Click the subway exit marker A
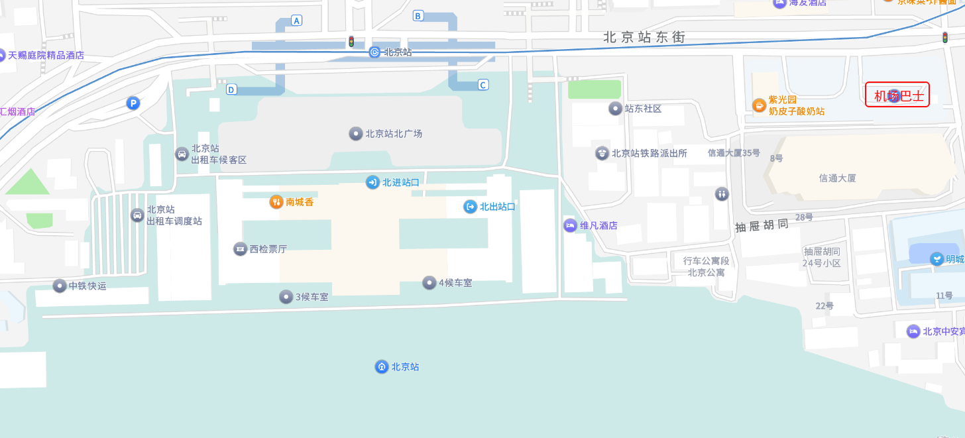tap(297, 21)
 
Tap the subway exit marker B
tap(418, 16)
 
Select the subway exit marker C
tap(483, 84)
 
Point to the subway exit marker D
tap(231, 89)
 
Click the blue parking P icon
tap(133, 103)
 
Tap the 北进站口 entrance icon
tap(372, 182)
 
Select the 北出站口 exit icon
tap(470, 207)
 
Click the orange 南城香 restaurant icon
tap(276, 202)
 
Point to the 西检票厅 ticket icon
tap(240, 249)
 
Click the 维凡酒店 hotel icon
tap(570, 225)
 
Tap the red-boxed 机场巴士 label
tap(897, 95)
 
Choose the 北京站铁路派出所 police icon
tap(602, 153)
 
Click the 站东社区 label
tap(643, 109)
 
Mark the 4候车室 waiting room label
tap(455, 283)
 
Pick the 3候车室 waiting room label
tap(312, 297)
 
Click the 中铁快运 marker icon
tap(60, 286)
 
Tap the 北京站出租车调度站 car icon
tap(137, 215)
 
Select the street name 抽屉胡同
tap(762, 225)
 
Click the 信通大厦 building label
tap(838, 178)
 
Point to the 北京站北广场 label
tap(394, 134)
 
